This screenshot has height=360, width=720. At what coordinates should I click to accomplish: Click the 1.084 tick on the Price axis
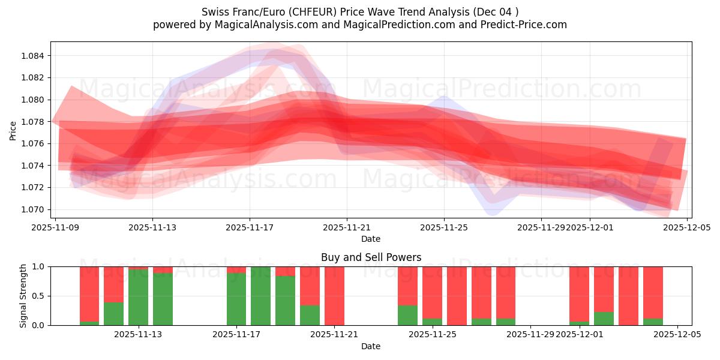click(x=36, y=56)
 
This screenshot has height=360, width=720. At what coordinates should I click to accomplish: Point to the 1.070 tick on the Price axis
click(x=36, y=209)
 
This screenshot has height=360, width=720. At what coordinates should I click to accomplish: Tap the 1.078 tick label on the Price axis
click(x=36, y=122)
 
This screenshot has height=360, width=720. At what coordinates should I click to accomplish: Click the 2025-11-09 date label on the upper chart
click(x=56, y=228)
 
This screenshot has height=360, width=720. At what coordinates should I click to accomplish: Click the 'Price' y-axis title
click(x=13, y=130)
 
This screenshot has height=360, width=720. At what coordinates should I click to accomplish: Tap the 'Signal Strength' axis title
click(x=23, y=296)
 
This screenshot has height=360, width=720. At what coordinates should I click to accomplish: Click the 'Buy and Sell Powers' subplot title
click(x=371, y=257)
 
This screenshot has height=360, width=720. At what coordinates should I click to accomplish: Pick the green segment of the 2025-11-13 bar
click(x=163, y=299)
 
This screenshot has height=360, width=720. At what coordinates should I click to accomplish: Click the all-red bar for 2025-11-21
click(x=334, y=296)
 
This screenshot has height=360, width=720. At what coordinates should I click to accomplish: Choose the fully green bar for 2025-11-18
click(x=260, y=296)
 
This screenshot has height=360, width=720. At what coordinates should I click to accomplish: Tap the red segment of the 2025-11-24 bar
click(x=407, y=285)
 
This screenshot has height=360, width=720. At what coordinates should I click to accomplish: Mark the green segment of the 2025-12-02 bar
click(x=604, y=319)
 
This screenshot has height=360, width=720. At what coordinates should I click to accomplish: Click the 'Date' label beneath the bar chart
click(x=371, y=346)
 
